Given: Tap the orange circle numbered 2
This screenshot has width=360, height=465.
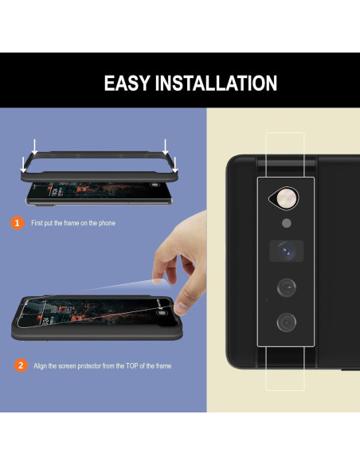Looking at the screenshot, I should pos(19,365).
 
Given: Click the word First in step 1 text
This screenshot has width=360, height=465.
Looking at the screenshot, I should pos(37,224).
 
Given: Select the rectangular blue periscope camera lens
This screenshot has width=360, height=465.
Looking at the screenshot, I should pos(284,251).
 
